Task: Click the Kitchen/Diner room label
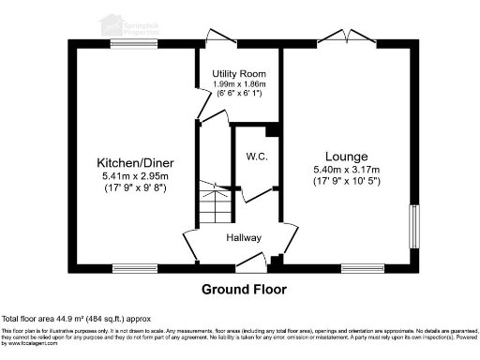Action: [x=136, y=162]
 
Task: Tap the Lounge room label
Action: [x=346, y=156]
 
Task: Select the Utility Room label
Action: [x=240, y=73]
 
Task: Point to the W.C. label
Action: [x=257, y=156]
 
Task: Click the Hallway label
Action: [x=243, y=237]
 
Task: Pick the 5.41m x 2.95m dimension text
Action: [x=136, y=175]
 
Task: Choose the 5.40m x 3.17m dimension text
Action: [x=346, y=169]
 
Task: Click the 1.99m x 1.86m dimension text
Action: [x=240, y=84]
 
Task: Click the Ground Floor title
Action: [x=244, y=289]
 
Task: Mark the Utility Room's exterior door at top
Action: [x=221, y=39]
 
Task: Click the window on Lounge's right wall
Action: [x=413, y=226]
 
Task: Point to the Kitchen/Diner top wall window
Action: [x=127, y=43]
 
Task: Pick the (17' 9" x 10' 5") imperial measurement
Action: [x=346, y=181]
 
